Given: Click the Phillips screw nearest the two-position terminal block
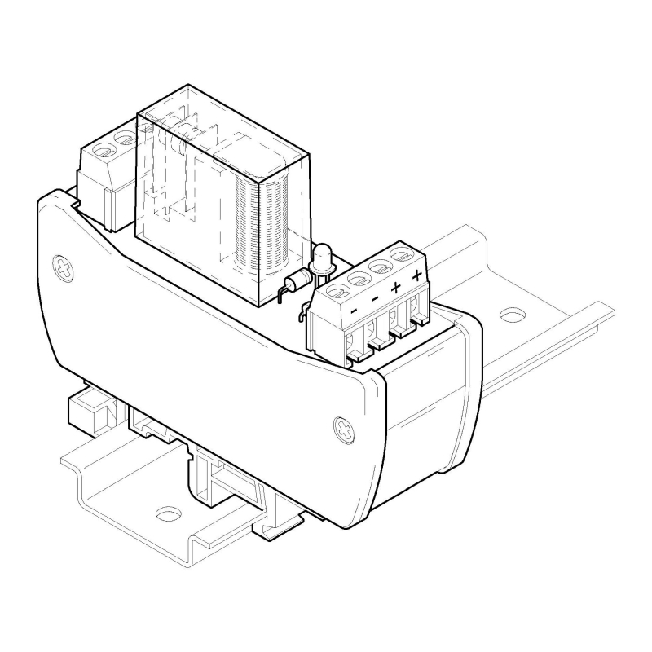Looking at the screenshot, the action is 64,268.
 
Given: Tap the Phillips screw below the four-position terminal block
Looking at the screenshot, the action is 345,430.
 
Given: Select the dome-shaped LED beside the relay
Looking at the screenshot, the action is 322,258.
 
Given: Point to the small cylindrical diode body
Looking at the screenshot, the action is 299,280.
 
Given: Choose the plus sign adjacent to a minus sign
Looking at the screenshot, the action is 395,287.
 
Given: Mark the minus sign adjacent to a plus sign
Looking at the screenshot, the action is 375,298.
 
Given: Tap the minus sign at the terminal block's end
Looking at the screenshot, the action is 355,311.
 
